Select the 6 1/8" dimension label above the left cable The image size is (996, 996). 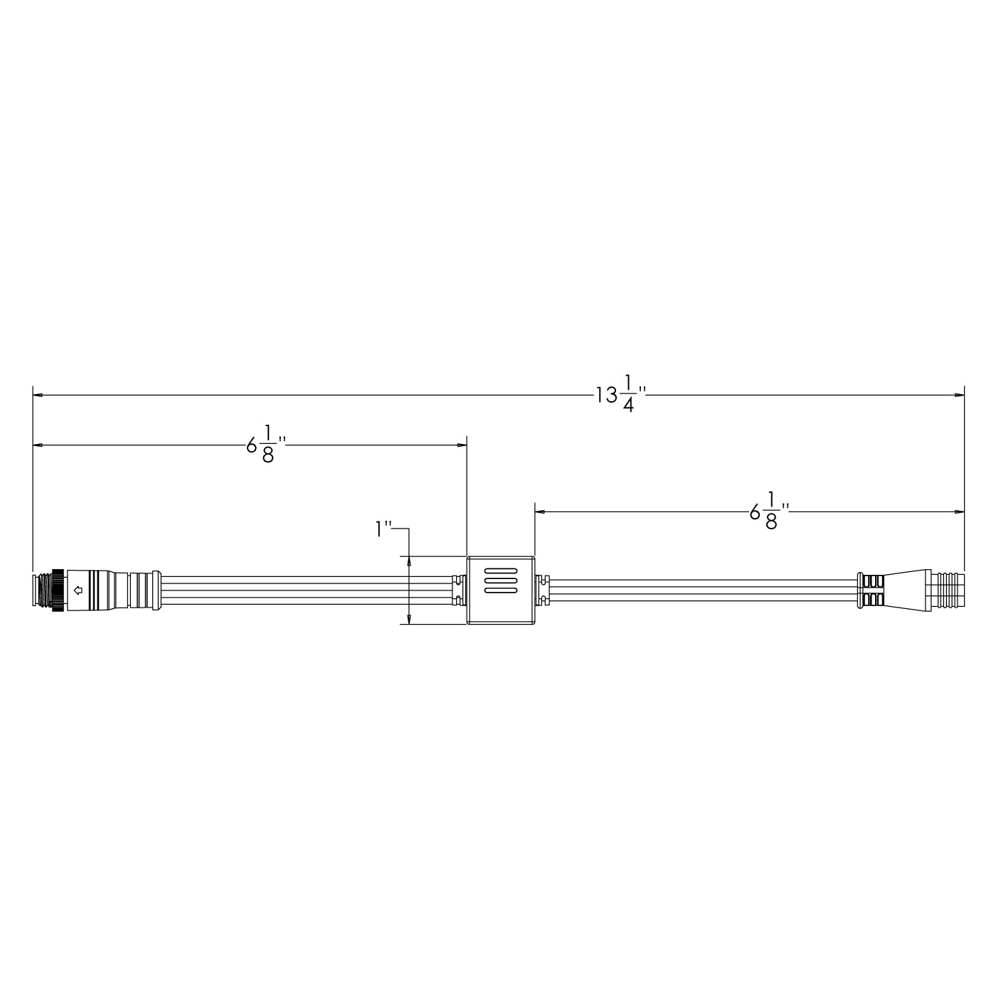click(265, 446)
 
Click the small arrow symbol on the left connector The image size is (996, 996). click(78, 589)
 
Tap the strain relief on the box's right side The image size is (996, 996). click(542, 590)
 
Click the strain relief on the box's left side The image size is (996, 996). click(459, 590)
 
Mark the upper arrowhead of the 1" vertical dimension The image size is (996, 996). click(410, 561)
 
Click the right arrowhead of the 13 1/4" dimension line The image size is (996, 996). click(959, 394)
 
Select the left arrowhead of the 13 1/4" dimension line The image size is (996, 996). click(38, 394)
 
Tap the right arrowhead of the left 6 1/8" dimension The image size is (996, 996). click(462, 445)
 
